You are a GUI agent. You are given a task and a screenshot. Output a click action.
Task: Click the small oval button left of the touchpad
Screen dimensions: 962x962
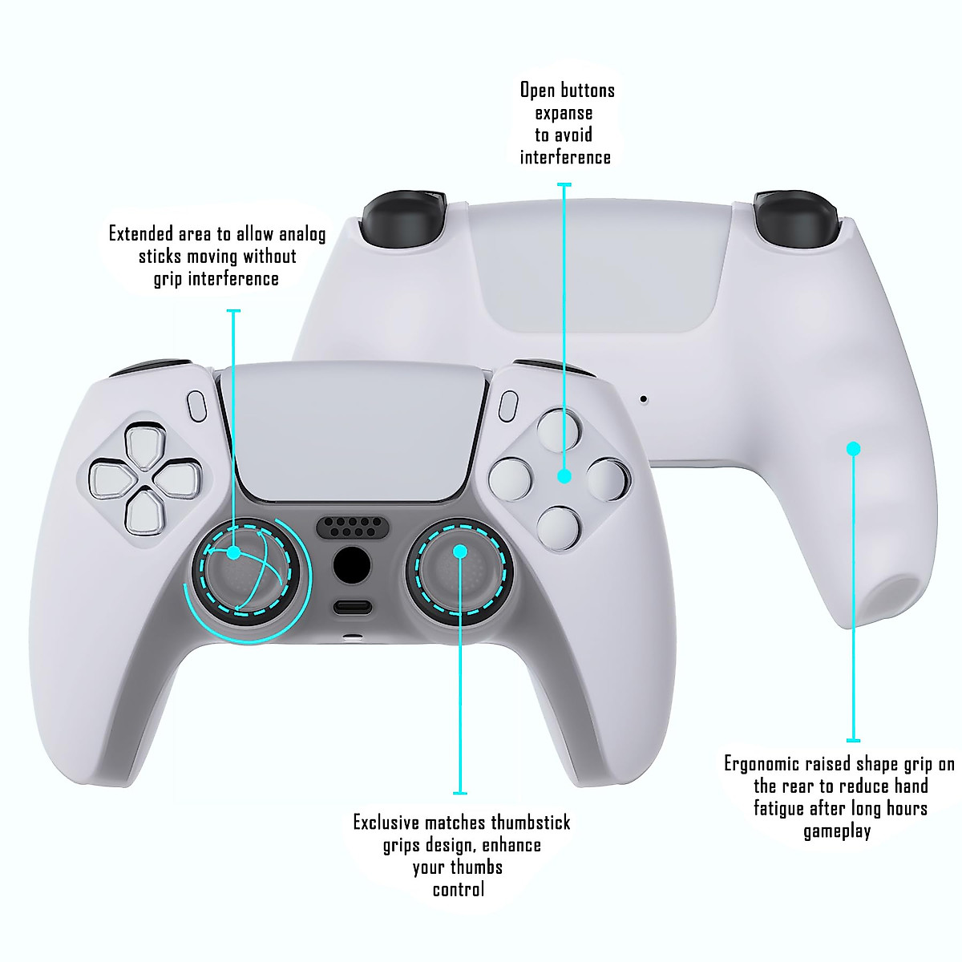(x=196, y=406)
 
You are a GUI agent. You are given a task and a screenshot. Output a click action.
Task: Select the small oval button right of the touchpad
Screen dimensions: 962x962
(x=507, y=406)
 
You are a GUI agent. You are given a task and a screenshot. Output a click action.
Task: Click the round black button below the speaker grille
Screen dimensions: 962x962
(x=351, y=566)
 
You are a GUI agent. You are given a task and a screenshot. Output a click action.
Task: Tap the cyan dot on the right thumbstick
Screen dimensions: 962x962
(x=460, y=551)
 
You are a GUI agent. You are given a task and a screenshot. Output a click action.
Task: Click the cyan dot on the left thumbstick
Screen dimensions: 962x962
(x=233, y=552)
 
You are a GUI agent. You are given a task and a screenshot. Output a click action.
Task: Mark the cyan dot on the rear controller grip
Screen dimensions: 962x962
(x=853, y=448)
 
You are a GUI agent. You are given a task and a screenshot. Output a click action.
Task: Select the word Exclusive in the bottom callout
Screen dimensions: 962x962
(x=386, y=823)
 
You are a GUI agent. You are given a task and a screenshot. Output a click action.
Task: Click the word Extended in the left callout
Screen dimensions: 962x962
(x=141, y=234)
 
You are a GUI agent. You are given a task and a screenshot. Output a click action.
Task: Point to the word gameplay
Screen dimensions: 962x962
(x=837, y=831)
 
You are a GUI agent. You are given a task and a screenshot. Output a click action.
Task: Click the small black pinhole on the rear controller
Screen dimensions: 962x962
(x=643, y=398)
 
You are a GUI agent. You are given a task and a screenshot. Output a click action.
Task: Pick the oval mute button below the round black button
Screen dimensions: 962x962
(x=353, y=607)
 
